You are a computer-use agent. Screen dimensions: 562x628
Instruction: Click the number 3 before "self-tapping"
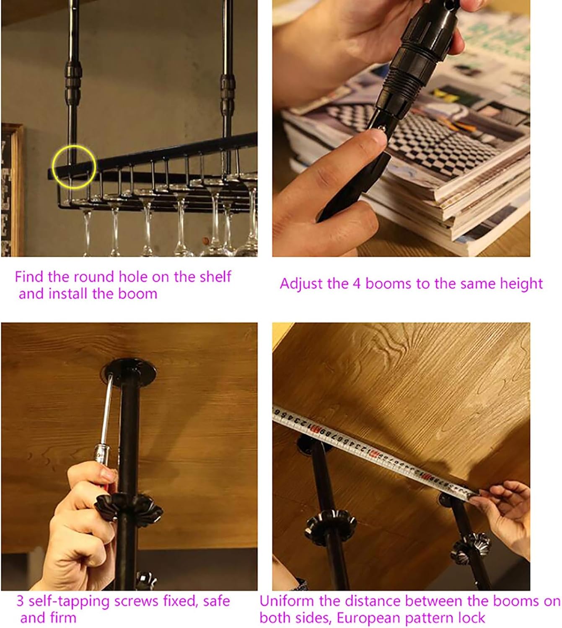(x=21, y=601)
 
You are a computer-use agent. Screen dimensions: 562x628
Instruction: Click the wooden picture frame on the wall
(x=12, y=190)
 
